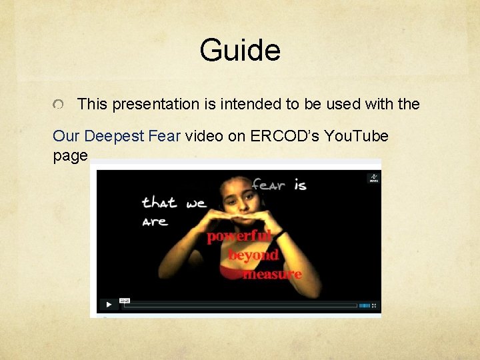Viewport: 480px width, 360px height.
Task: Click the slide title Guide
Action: [x=240, y=51]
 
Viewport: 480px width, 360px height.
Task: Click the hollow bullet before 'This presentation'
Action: [x=59, y=105]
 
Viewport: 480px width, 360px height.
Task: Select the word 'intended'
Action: [x=243, y=104]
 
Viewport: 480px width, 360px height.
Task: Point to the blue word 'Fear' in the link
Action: [x=165, y=136]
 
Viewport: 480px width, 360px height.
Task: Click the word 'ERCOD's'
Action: [x=286, y=136]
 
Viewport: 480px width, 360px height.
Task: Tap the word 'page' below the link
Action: [x=70, y=156]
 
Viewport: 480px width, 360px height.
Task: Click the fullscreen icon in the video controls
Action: [x=375, y=305]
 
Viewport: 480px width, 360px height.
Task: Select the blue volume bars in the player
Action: [x=364, y=305]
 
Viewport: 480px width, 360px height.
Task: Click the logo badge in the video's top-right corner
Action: [x=373, y=178]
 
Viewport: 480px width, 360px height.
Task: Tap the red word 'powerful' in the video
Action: [x=239, y=237]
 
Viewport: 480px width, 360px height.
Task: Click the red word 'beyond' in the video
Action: [x=253, y=255]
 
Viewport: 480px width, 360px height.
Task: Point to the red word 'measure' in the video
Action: [x=272, y=273]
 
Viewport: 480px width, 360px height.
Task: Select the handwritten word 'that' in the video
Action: [x=159, y=202]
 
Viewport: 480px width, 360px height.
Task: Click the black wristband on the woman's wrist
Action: [x=281, y=234]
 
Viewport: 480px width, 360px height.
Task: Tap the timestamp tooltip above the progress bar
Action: [x=124, y=299]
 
